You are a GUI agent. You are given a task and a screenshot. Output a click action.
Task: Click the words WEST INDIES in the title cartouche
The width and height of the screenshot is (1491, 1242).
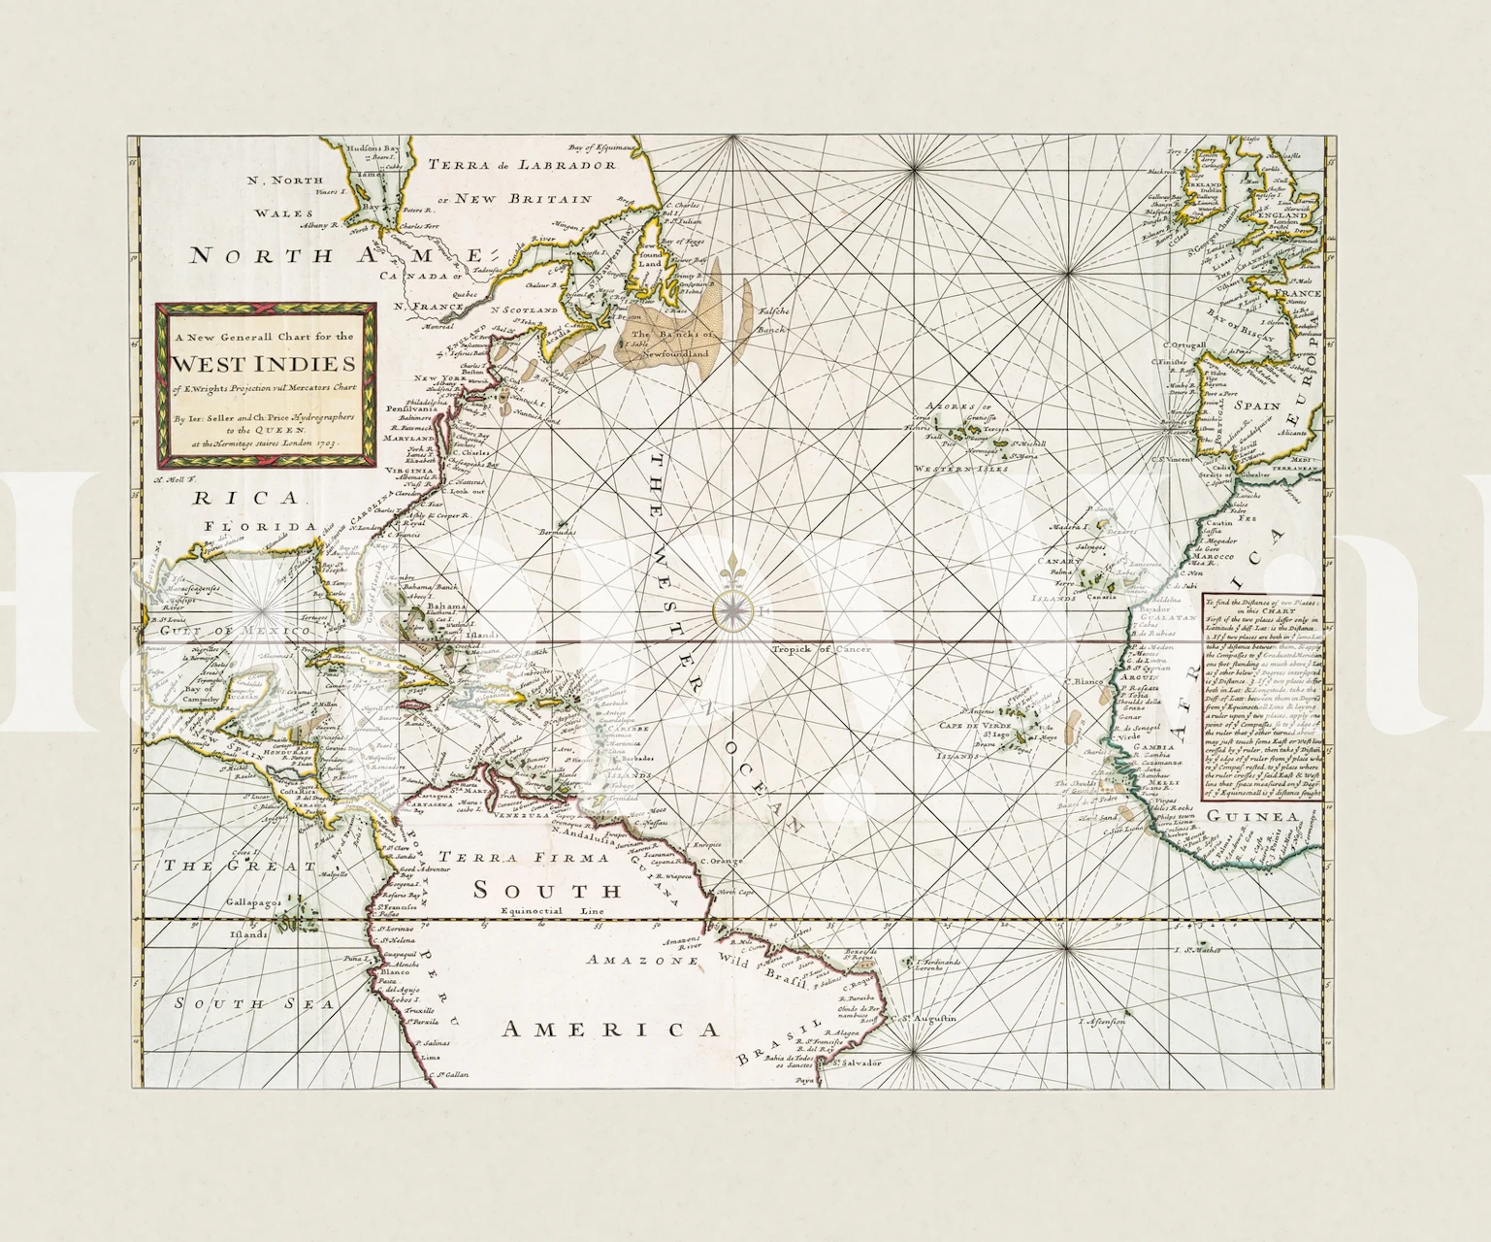tap(265, 365)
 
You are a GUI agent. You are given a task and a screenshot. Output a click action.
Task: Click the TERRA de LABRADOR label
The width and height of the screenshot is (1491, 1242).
tap(523, 164)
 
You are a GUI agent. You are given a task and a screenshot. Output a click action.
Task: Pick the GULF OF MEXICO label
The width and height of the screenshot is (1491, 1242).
tap(236, 631)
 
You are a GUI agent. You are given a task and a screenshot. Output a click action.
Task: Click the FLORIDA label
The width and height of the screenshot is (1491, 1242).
tap(261, 526)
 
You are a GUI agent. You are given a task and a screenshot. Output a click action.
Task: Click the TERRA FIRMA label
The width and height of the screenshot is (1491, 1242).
tap(510, 857)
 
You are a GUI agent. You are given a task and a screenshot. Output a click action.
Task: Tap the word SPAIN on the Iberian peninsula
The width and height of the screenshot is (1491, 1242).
tap(1257, 406)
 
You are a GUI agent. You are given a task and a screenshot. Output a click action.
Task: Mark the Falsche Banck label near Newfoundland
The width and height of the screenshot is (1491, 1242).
tap(772, 319)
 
